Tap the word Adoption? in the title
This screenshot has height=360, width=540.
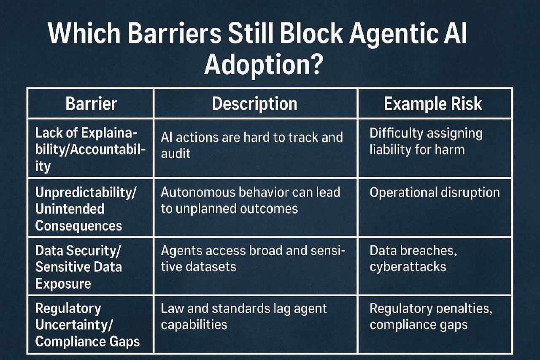[x=264, y=65]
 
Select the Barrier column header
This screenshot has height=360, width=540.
[x=91, y=104]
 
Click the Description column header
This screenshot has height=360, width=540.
[x=254, y=104]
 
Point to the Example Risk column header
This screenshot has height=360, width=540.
[x=433, y=104]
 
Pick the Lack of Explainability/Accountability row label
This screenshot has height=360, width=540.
[x=90, y=149]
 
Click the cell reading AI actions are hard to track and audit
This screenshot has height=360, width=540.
[x=252, y=145]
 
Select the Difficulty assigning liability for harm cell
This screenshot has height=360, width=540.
[x=426, y=141]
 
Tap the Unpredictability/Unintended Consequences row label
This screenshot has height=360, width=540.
[x=86, y=209]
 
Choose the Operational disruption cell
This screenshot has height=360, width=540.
[x=435, y=192]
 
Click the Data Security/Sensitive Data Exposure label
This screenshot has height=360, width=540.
[x=78, y=267]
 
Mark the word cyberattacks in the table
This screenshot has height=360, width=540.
[x=408, y=267]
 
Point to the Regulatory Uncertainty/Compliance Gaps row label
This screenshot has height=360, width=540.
[x=87, y=325]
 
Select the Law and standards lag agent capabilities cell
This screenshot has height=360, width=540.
[x=244, y=317]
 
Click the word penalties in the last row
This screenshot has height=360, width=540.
[x=464, y=309]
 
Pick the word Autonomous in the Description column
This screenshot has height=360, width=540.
[x=198, y=192]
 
